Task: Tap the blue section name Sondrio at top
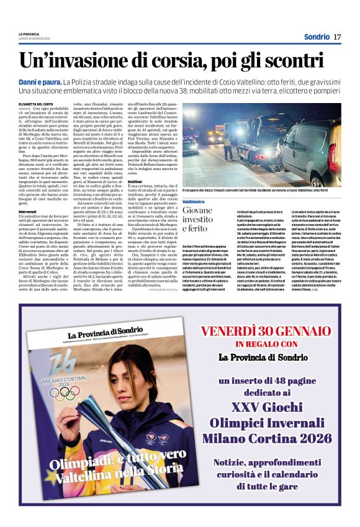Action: click(317, 37)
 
